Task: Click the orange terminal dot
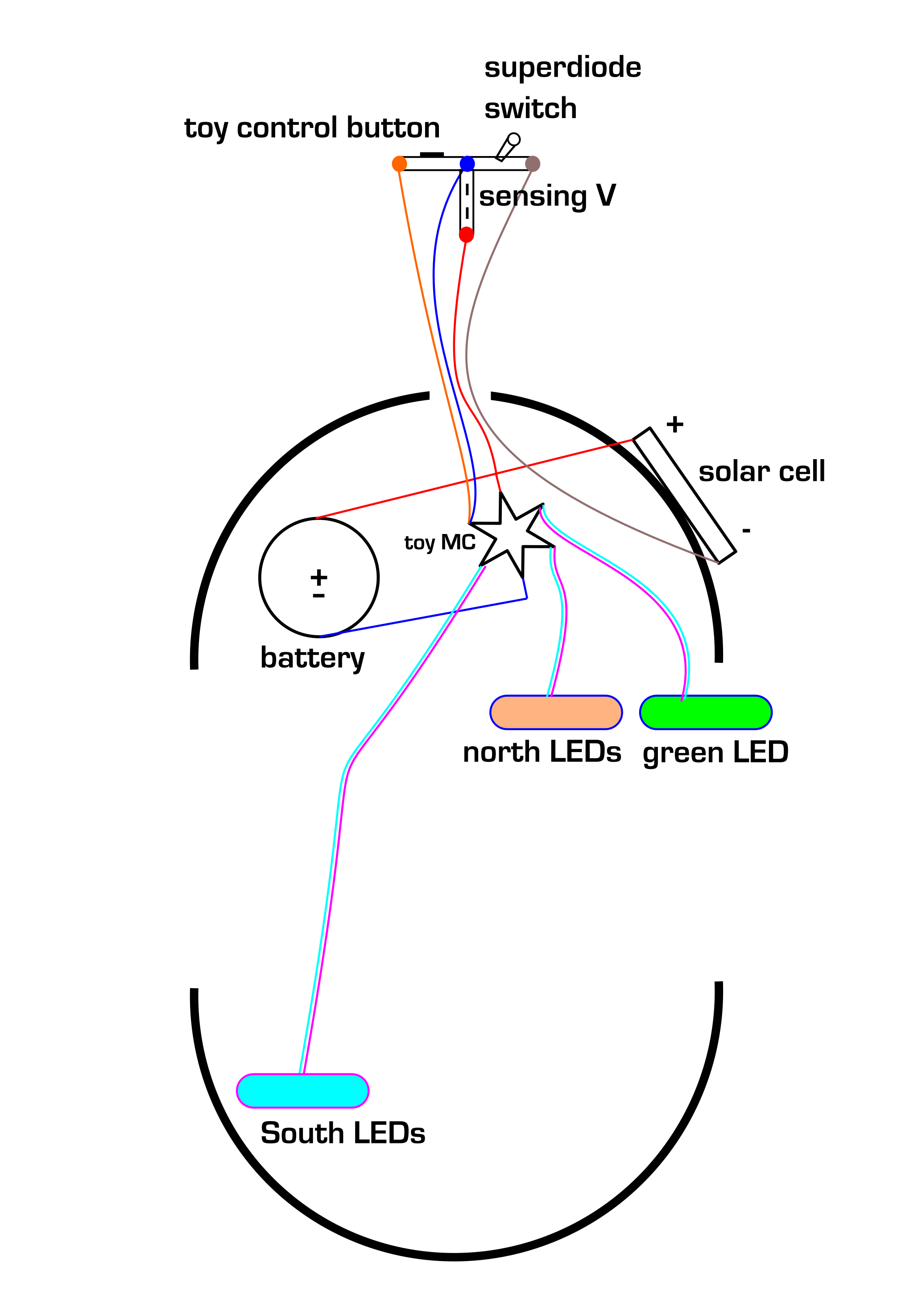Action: coord(399,164)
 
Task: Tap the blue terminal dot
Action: coord(467,164)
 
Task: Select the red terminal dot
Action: coord(466,234)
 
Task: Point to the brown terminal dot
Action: coord(533,164)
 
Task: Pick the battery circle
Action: coord(318,577)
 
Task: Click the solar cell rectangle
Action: coord(684,495)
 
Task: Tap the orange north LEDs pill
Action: coord(556,712)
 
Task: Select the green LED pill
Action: coord(706,712)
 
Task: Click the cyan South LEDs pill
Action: coord(302,1091)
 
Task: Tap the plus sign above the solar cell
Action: coord(674,424)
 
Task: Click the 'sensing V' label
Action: coord(547,196)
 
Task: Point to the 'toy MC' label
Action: coord(439,543)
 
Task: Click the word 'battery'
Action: coord(312,658)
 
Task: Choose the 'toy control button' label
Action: coord(312,128)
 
